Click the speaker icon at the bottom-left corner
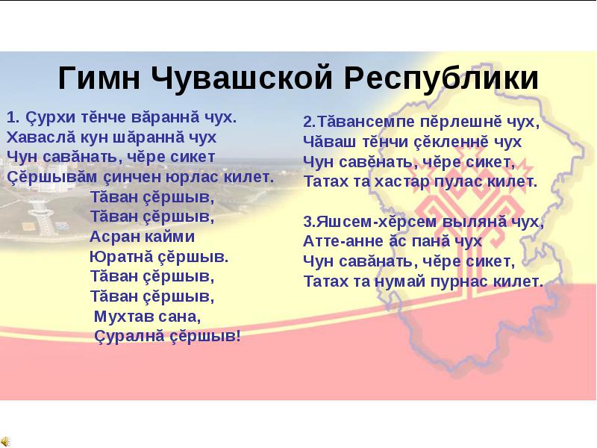click(x=5, y=441)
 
